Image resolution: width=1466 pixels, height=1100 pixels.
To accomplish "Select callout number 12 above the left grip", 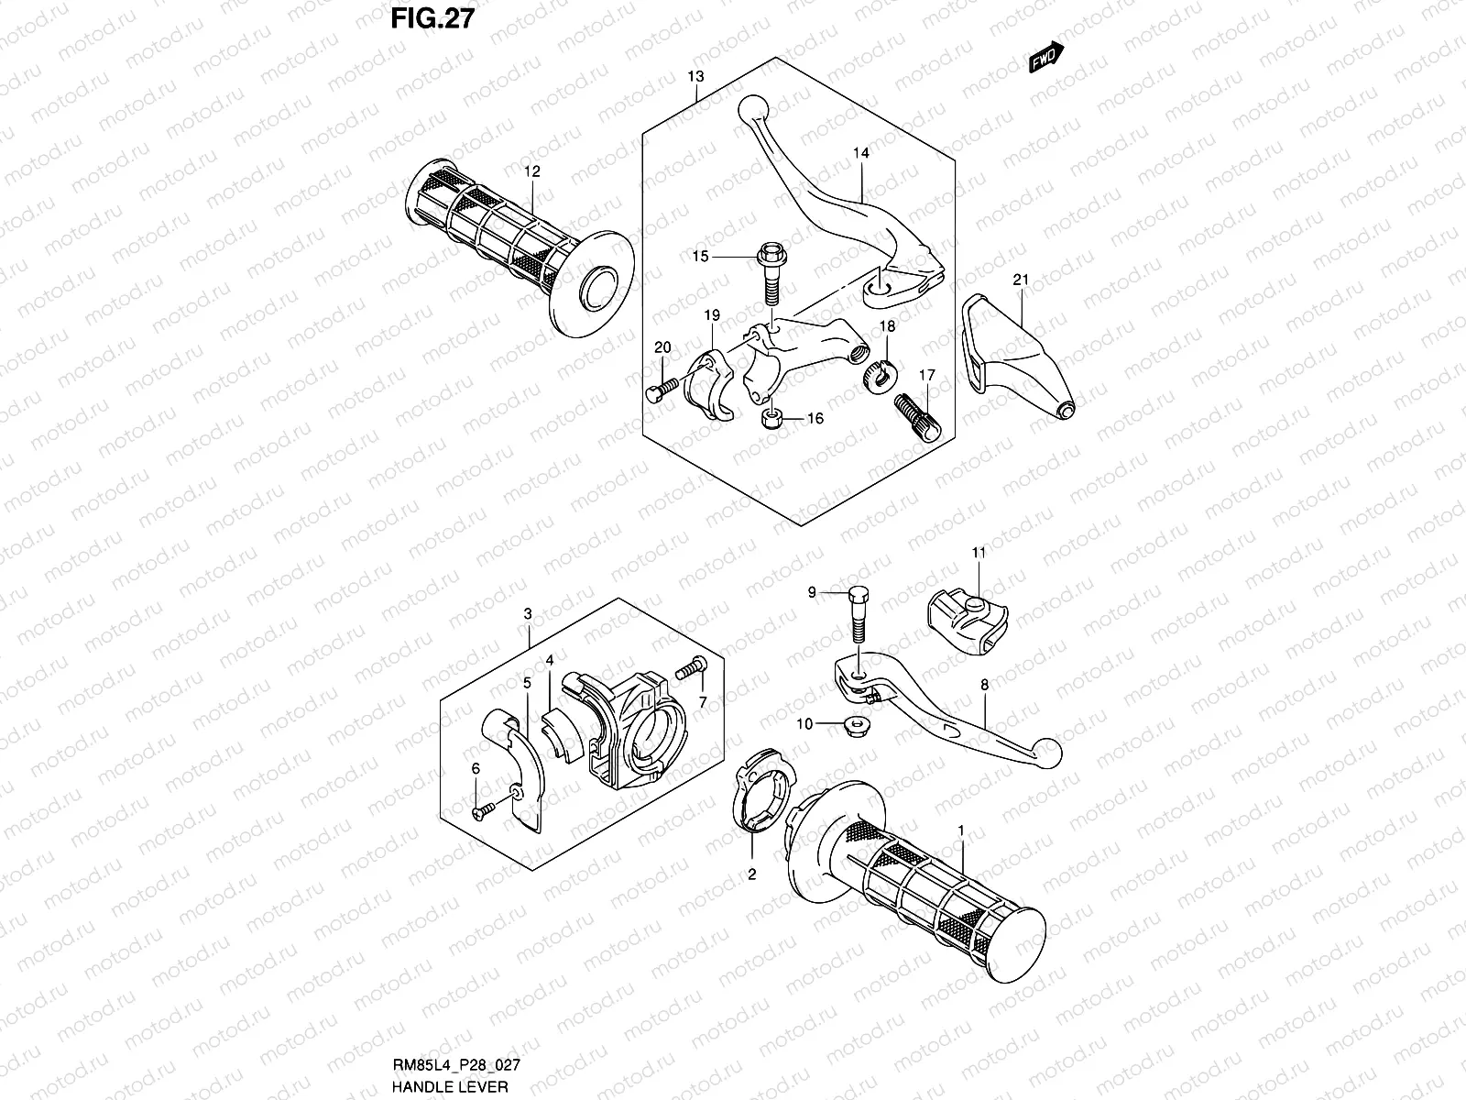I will tap(532, 171).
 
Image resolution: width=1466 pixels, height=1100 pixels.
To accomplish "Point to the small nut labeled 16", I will tap(771, 421).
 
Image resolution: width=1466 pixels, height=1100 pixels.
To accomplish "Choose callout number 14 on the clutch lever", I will tap(860, 154).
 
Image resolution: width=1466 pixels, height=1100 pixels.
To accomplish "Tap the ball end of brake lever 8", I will tap(1050, 754).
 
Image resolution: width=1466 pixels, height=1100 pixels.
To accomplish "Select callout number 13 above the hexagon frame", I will tap(697, 76).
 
